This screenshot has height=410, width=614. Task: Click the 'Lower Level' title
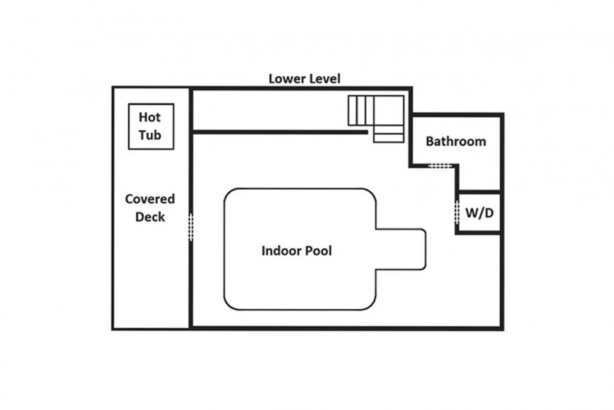[305, 79]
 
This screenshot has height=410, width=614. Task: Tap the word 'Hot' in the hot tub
[150, 117]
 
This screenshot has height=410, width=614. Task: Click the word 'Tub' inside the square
[150, 135]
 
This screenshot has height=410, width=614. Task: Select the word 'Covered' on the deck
[150, 199]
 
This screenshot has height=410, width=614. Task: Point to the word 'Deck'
[150, 217]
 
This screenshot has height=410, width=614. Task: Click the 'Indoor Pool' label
[297, 250]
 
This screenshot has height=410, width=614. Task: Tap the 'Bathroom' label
[456, 141]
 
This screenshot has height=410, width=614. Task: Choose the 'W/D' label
[480, 213]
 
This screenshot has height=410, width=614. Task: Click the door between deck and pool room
[191, 227]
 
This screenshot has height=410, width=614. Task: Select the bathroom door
[440, 166]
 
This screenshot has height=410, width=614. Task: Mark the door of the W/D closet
[457, 212]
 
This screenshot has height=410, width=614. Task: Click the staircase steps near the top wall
[360, 111]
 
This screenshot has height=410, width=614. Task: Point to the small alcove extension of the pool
[400, 250]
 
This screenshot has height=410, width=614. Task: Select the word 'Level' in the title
[324, 79]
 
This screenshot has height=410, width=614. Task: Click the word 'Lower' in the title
[287, 79]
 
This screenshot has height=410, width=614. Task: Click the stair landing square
[389, 111]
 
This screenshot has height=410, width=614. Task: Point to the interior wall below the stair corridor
[281, 133]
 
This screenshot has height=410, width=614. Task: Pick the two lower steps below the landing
[389, 133]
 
